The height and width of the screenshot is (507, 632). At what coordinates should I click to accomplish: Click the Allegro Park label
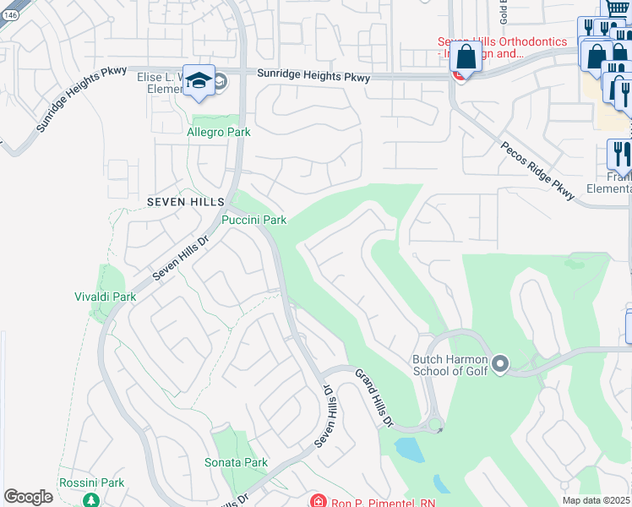[218, 132]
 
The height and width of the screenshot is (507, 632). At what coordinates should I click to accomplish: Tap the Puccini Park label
[253, 221]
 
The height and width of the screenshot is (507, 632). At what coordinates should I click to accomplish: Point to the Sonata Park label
[236, 463]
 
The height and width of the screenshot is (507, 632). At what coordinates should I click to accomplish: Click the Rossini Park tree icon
[90, 499]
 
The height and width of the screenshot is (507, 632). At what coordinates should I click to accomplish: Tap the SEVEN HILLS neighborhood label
[186, 203]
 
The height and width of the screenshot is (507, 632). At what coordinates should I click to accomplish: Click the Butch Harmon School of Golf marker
[499, 364]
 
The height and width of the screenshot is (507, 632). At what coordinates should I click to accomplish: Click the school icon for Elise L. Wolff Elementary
[199, 80]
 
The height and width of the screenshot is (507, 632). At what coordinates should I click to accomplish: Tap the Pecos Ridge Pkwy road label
[537, 171]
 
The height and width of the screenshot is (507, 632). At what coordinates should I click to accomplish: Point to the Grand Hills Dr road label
[373, 397]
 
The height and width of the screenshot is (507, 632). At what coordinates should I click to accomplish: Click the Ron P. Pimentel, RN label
[370, 499]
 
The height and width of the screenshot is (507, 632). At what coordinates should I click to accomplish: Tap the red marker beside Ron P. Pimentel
[317, 501]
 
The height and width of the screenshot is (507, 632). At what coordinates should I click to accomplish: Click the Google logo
[28, 497]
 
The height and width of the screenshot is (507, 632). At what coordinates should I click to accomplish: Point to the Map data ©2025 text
[596, 500]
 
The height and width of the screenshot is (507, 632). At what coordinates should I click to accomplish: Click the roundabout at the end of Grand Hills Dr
[435, 424]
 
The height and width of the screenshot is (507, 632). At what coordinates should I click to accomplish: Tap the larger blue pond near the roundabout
[409, 448]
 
